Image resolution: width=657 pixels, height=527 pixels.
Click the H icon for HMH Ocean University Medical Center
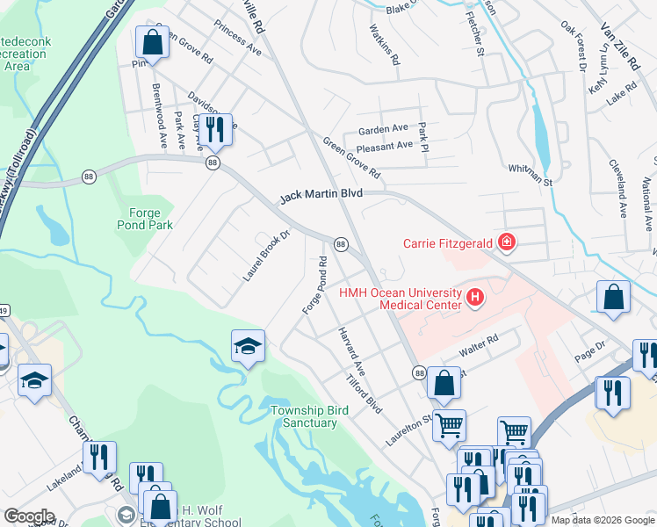(475, 299)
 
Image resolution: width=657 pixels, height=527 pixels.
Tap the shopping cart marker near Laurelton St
(449, 425)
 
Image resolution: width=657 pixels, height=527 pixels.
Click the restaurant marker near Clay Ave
(215, 129)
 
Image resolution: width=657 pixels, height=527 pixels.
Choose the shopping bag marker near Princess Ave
(152, 42)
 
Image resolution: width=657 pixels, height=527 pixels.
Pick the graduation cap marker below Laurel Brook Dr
(248, 346)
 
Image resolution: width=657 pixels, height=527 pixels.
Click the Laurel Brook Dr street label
(266, 256)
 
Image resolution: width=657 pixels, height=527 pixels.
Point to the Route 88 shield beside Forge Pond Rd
(340, 243)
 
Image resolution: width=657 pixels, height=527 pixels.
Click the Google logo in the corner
(30, 516)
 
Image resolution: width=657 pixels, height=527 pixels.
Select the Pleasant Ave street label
(380, 145)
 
